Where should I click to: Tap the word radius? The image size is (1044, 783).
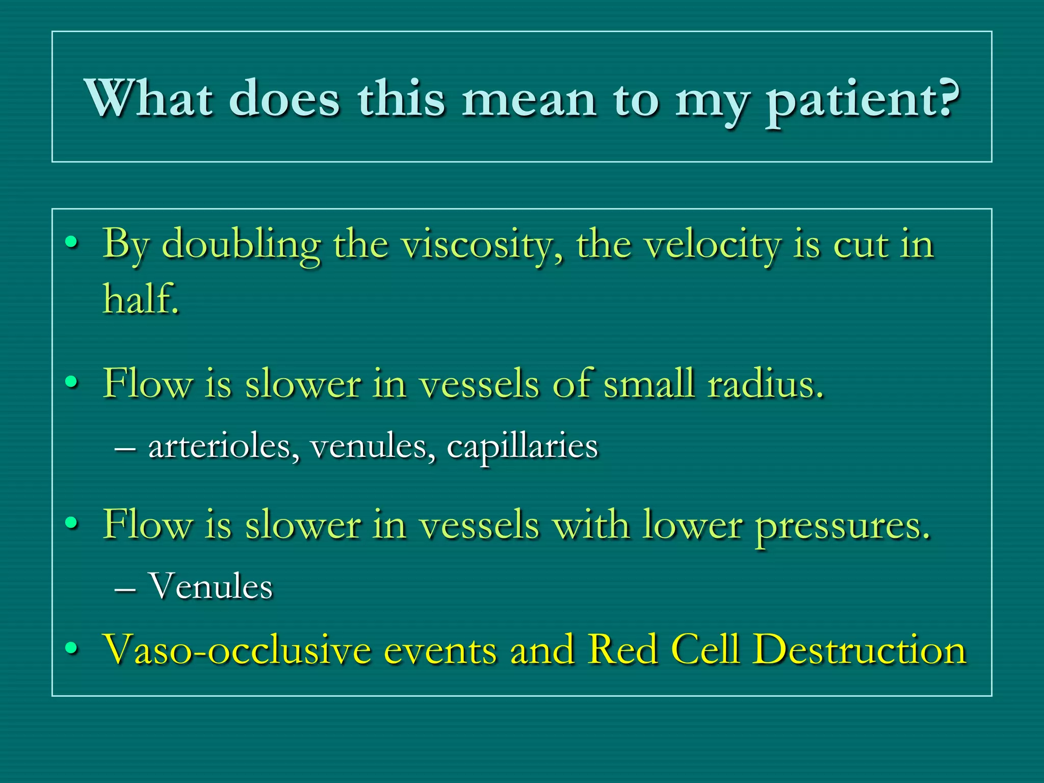765,384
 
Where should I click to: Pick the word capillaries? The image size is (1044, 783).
522,448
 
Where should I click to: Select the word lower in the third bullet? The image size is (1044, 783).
692,525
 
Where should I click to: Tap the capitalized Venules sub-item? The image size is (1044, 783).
211,586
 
